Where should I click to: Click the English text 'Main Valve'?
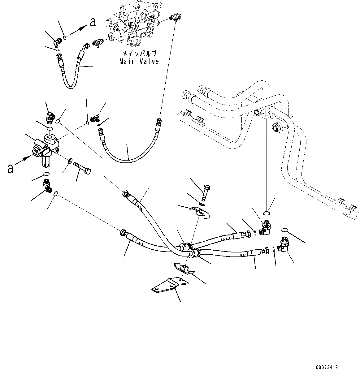[139, 62]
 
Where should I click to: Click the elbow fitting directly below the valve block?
[47, 186]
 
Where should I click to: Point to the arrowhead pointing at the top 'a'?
[82, 28]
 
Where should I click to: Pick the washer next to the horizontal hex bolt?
[70, 161]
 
